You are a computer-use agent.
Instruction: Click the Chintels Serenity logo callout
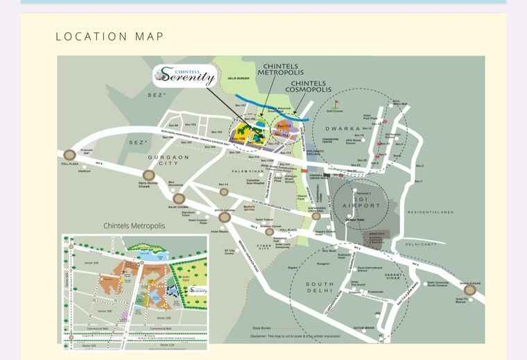click(184, 75)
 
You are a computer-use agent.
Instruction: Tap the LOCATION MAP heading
click(110, 36)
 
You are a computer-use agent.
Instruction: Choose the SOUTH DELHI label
click(320, 289)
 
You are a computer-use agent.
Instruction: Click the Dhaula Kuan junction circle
click(470, 290)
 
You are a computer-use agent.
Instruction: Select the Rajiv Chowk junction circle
click(179, 199)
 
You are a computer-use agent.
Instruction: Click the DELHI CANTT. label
click(422, 244)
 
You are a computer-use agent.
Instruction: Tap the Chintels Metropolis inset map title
click(135, 226)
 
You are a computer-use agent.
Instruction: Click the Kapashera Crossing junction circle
click(316, 216)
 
